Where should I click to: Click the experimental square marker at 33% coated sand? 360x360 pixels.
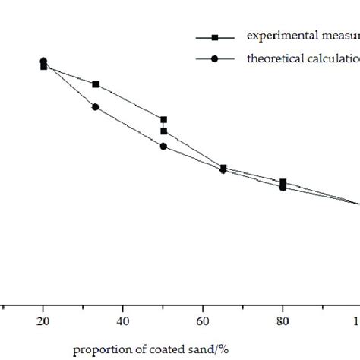point(96,84)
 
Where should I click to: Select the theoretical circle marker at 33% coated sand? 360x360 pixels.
point(96,106)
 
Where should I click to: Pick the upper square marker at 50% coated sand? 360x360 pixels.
point(163,119)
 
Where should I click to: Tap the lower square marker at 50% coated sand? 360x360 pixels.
point(163,131)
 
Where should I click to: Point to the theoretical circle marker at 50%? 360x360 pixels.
point(163,146)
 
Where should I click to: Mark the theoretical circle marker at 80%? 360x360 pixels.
point(283,187)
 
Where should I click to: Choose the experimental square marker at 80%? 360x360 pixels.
point(283,182)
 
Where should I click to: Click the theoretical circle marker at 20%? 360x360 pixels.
point(43,61)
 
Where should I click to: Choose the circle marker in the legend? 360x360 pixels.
point(215,58)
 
